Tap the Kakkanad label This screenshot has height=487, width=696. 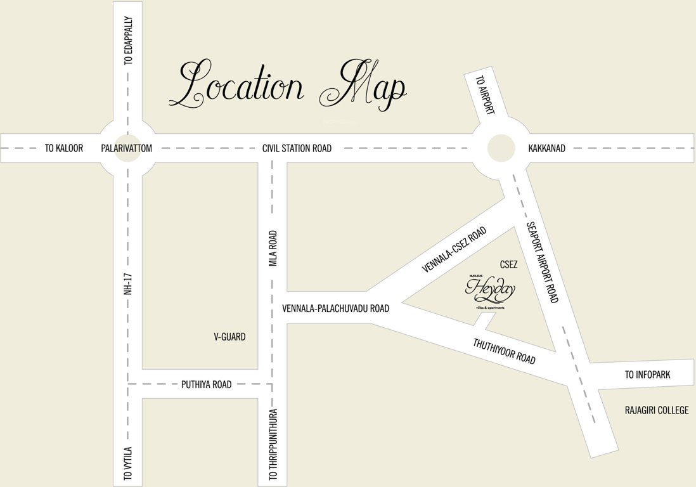[x=546, y=148]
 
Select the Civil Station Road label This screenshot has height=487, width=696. [x=297, y=148]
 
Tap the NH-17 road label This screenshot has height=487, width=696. [x=129, y=280]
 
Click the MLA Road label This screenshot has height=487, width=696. [x=274, y=248]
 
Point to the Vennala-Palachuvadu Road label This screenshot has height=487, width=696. [x=335, y=309]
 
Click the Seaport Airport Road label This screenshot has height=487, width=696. [x=543, y=262]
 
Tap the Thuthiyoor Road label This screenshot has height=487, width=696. [x=505, y=351]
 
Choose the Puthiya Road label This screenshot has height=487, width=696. [x=207, y=384]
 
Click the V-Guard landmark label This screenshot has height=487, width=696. [x=229, y=337]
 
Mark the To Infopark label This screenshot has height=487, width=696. [x=647, y=375]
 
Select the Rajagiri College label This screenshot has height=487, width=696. [x=656, y=410]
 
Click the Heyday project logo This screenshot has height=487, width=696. [x=491, y=291]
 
